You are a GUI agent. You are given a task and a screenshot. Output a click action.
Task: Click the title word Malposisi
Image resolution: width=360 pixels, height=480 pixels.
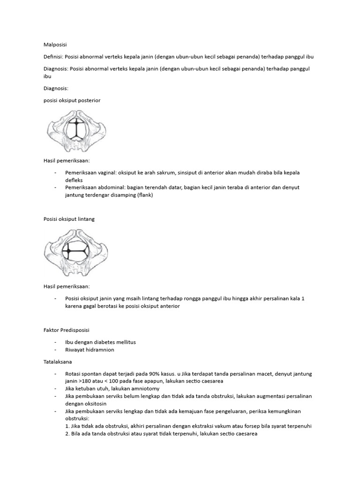tap(55, 45)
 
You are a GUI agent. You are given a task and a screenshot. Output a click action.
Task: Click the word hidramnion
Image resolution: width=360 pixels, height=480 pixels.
tap(100, 350)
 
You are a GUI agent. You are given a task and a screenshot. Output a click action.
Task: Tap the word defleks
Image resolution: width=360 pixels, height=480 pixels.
tap(74, 180)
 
